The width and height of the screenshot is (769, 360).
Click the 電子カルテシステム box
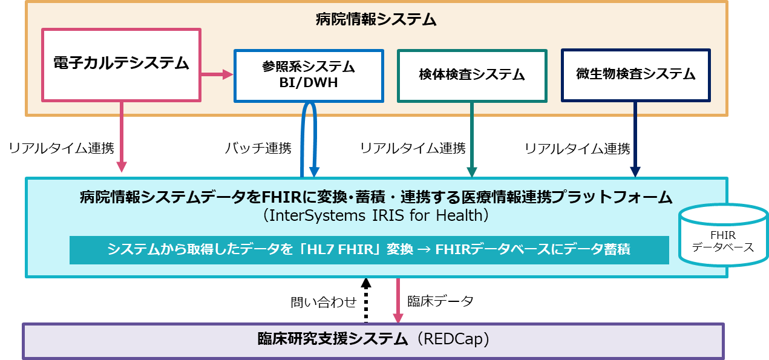pyautogui.click(x=121, y=65)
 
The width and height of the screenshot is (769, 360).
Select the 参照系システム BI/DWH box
pyautogui.click(x=309, y=76)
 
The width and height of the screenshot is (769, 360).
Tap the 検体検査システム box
pyautogui.click(x=472, y=76)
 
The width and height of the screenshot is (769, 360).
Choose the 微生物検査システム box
pyautogui.click(x=636, y=76)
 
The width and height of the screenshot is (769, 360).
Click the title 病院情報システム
pyautogui.click(x=376, y=19)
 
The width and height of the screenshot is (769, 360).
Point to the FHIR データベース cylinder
pyautogui.click(x=724, y=235)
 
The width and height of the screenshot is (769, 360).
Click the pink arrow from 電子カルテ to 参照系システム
pyautogui.click(x=217, y=74)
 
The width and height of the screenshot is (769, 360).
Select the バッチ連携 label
pyautogui.click(x=258, y=148)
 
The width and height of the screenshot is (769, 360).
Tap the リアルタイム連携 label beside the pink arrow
pyautogui.click(x=62, y=148)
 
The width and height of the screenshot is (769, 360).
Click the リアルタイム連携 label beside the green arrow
pyautogui.click(x=413, y=148)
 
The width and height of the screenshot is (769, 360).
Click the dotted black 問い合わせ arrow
pyautogui.click(x=366, y=300)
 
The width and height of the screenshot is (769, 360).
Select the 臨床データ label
pyautogui.click(x=440, y=301)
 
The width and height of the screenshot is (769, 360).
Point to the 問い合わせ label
pyautogui.click(x=324, y=302)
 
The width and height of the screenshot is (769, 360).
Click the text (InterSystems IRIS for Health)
pyautogui.click(x=376, y=215)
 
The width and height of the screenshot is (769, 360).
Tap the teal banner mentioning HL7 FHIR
pyautogui.click(x=369, y=250)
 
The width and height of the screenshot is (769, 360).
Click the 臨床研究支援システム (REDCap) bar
pyautogui.click(x=373, y=341)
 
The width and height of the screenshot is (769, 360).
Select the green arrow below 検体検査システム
pyautogui.click(x=472, y=140)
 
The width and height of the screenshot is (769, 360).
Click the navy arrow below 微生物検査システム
pyautogui.click(x=635, y=139)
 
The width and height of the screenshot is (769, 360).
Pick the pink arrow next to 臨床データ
pyautogui.click(x=398, y=300)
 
